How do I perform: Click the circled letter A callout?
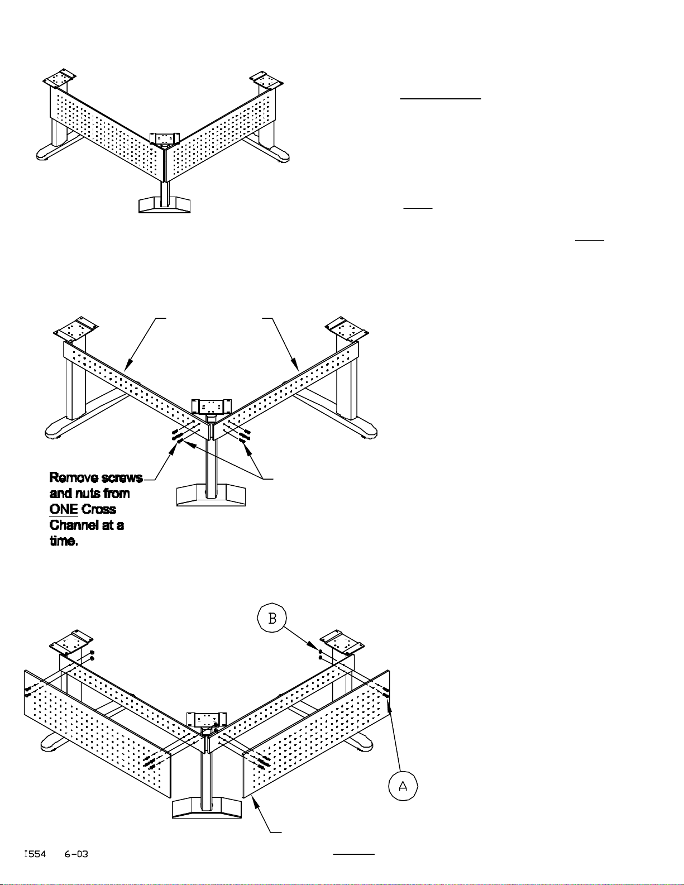[403, 786]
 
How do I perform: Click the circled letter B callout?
[271, 618]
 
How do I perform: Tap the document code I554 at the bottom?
[35, 854]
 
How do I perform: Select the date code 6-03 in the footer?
[76, 854]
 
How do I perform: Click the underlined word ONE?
[64, 509]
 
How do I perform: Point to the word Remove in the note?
[74, 477]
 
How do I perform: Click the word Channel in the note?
[76, 525]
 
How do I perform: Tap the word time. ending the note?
[64, 541]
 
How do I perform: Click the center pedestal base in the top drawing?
[165, 205]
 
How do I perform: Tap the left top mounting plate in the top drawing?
[60, 78]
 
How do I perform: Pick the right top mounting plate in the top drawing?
[266, 80]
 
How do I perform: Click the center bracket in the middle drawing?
[211, 407]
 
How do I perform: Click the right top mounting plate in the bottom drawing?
[342, 642]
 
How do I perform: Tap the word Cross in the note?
[98, 509]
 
